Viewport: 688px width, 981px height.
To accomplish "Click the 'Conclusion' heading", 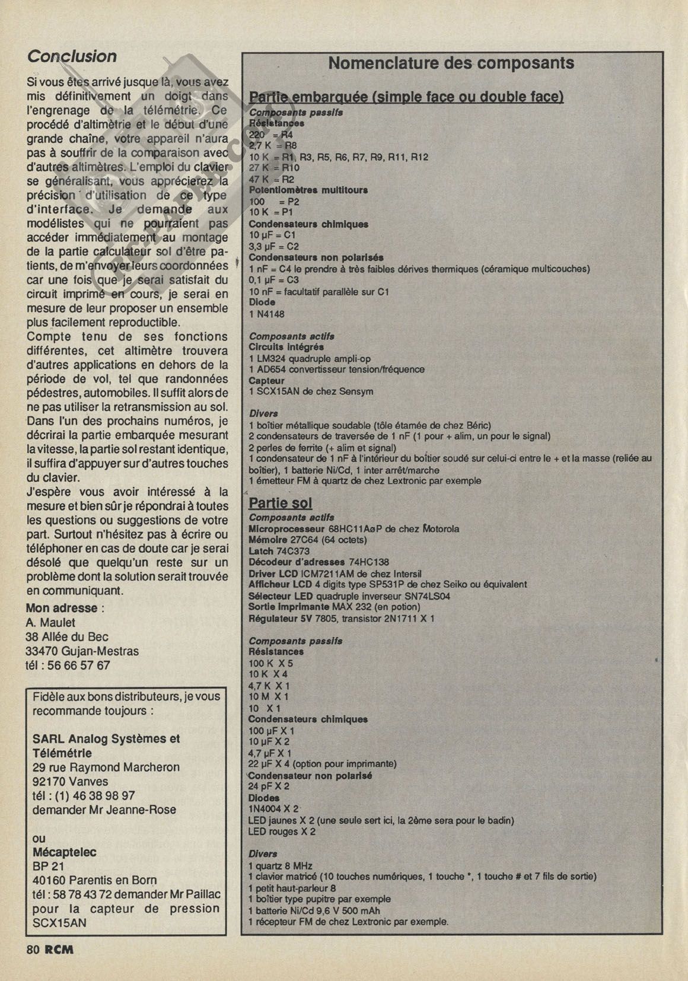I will [72, 56].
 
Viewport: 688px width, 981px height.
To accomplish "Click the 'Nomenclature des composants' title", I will [451, 63].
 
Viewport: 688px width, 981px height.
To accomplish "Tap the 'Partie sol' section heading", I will [280, 503].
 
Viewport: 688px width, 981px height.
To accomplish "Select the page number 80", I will [33, 949].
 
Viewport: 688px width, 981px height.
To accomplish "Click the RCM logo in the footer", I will [59, 949].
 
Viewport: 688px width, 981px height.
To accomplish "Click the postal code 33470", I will [41, 651].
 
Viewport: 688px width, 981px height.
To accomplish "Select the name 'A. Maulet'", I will [50, 622].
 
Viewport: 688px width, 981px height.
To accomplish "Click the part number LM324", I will [270, 358].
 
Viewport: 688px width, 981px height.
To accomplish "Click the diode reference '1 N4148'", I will [266, 314].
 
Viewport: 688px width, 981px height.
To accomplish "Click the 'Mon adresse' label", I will [62, 608].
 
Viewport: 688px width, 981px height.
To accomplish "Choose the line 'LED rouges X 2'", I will [282, 832].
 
